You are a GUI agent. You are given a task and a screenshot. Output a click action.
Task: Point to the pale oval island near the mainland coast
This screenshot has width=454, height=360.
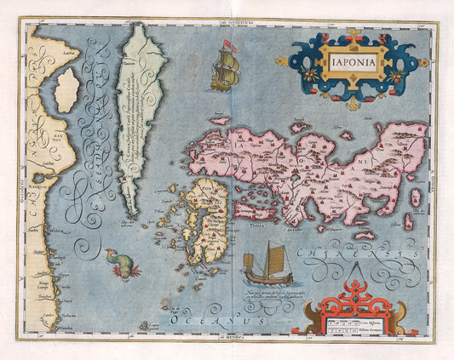pos(68,90)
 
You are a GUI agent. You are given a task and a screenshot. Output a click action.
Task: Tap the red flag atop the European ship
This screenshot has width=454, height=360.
pos(227,43)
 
